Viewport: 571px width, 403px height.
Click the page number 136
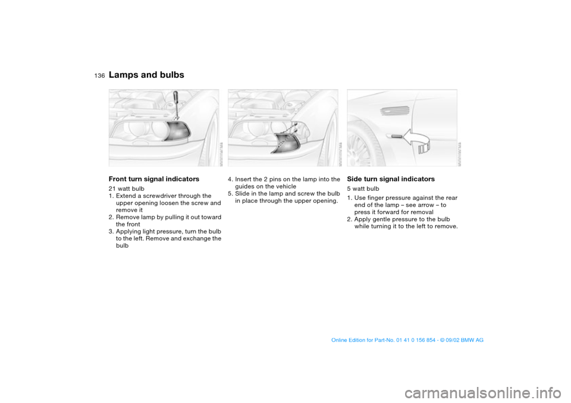(x=99, y=75)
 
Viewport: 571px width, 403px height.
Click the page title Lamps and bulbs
(x=146, y=75)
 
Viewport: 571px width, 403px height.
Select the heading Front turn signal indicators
(x=153, y=179)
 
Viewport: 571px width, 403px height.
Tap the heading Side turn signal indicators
(x=390, y=179)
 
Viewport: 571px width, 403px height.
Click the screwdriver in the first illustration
(x=175, y=105)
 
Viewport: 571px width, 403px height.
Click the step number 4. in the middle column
(x=231, y=179)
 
